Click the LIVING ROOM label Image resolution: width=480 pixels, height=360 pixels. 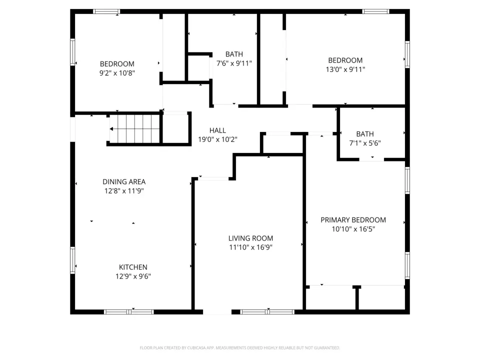click(250, 238)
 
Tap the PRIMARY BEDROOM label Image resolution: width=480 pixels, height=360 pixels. click(353, 220)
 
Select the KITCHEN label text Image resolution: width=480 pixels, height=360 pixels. click(133, 267)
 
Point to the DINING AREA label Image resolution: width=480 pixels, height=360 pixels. click(124, 181)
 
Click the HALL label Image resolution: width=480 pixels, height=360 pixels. click(217, 130)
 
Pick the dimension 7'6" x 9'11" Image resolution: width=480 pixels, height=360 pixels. click(234, 63)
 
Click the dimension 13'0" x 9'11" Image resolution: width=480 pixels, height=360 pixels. click(345, 69)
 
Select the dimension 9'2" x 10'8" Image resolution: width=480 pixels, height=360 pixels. click(117, 73)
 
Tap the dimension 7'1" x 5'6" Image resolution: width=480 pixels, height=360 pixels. click(365, 143)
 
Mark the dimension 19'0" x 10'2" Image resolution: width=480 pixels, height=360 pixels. click(217, 139)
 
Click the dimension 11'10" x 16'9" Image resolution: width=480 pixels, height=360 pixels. click(250, 247)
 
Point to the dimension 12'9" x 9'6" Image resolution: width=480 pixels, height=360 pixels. click(133, 276)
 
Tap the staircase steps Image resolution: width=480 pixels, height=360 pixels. click(134, 129)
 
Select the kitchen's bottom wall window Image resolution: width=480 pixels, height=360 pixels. click(129, 312)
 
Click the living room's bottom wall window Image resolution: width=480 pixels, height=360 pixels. click(267, 312)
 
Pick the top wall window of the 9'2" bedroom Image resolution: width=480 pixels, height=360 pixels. click(106, 11)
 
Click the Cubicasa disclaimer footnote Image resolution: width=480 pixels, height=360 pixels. click(239, 348)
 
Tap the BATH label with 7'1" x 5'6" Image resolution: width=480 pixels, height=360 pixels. click(365, 134)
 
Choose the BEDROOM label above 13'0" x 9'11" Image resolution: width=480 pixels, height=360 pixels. click(345, 60)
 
